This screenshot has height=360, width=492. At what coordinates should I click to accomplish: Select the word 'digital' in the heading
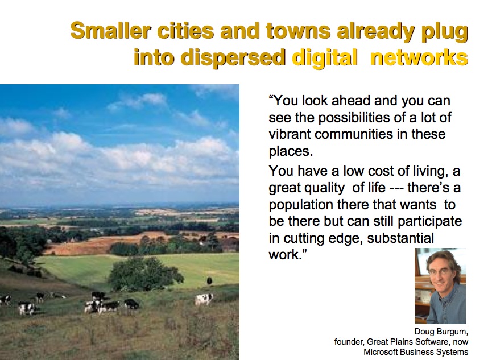(x=324, y=58)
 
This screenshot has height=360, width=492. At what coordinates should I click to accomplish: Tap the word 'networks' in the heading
(x=419, y=58)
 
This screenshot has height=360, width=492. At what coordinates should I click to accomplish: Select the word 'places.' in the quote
(x=291, y=151)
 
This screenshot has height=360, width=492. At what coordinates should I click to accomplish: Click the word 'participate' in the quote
(x=429, y=222)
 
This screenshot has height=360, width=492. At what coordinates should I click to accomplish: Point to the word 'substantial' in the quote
(x=400, y=238)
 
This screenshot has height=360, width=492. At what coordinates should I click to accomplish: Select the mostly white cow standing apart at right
(x=204, y=299)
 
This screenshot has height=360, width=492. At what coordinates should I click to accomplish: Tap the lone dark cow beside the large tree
(x=209, y=280)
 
